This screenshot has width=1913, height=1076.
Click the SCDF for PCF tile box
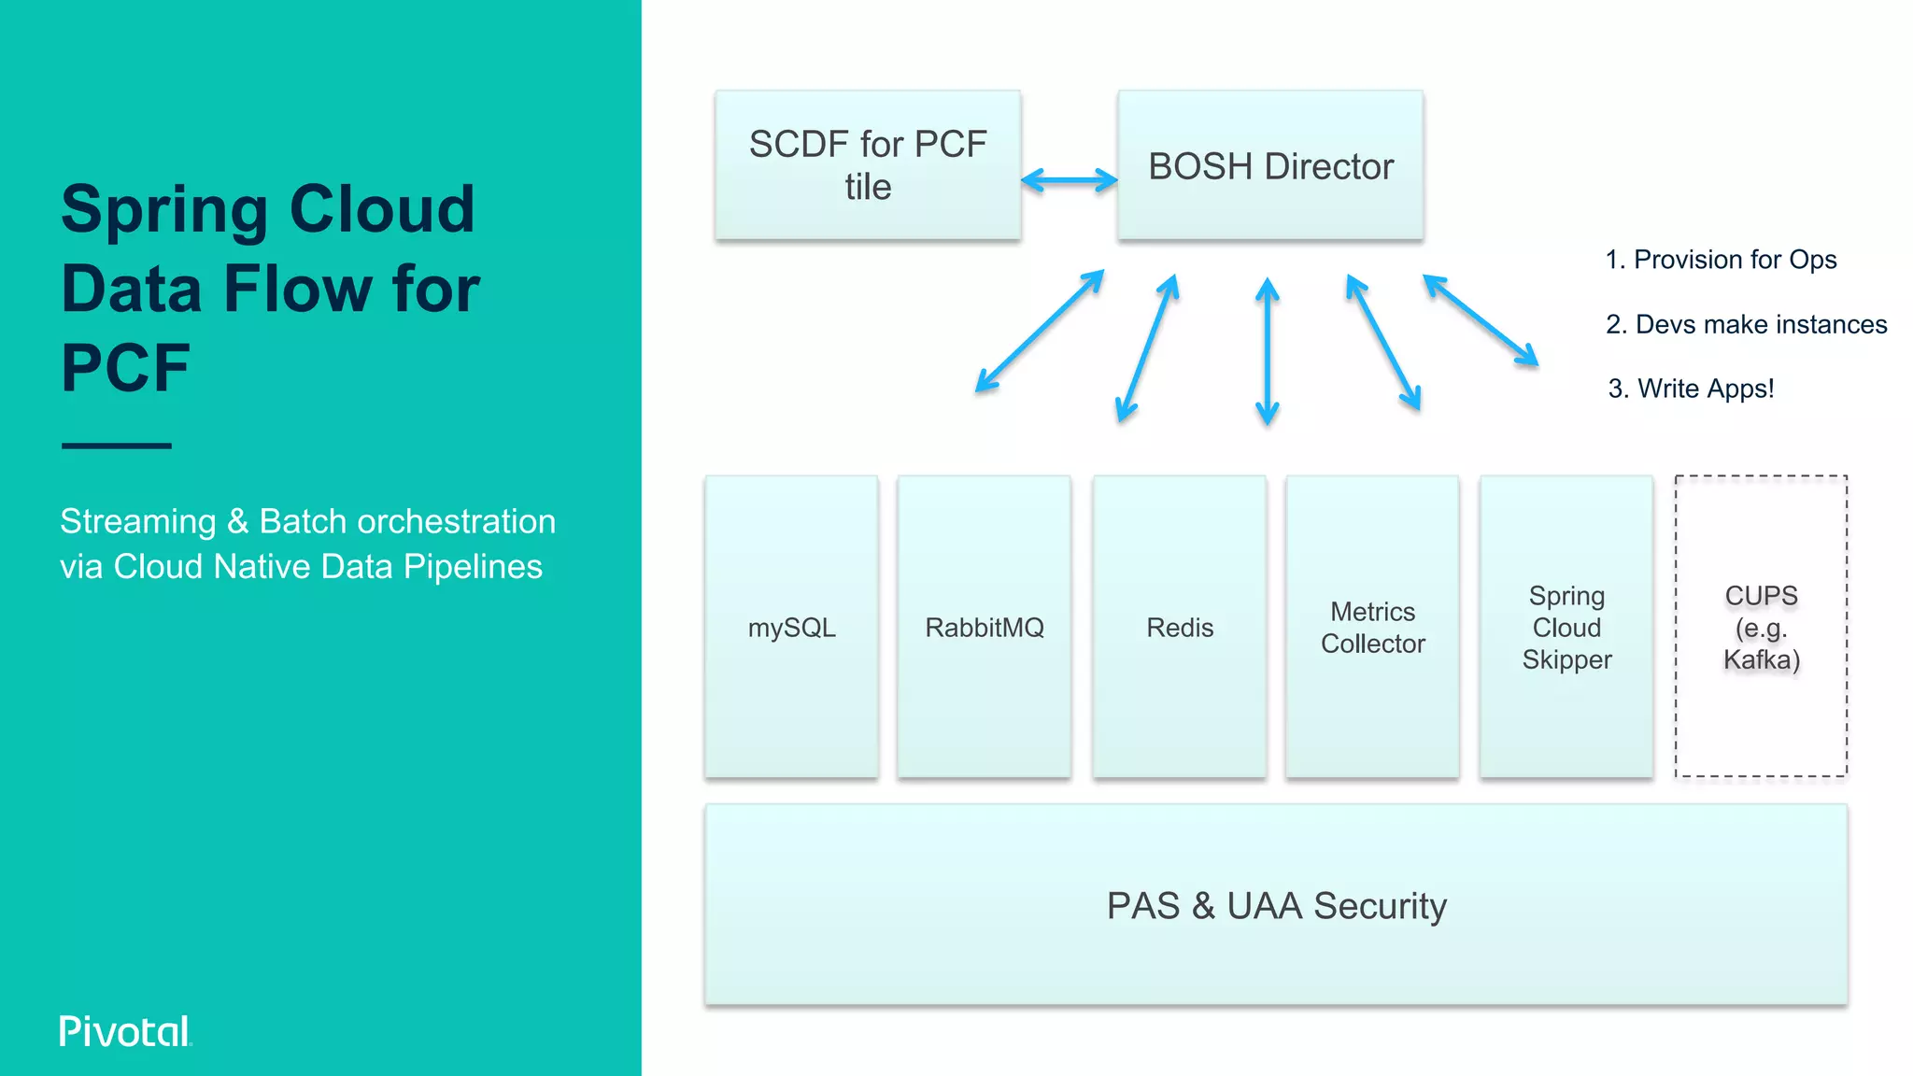(867, 165)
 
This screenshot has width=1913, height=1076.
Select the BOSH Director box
(1270, 165)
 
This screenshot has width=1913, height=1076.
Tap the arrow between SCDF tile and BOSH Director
(1069, 179)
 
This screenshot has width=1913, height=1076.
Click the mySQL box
(791, 627)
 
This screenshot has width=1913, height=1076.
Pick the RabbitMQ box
(984, 627)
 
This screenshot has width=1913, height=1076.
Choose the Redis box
(1180, 627)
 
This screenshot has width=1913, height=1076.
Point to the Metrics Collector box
(1372, 627)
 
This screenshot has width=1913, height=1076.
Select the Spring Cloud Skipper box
(1566, 627)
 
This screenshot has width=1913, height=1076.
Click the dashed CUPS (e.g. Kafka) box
(1761, 627)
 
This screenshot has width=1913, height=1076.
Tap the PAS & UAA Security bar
(1276, 905)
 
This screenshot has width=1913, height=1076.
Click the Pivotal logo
(125, 1031)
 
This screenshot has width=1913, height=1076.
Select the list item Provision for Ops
(1721, 260)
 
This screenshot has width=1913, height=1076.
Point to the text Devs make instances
(1746, 324)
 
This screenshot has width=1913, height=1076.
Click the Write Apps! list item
(1691, 389)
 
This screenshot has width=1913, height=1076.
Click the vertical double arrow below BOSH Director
(1267, 351)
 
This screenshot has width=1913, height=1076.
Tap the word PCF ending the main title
(125, 368)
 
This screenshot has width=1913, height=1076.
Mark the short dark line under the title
(117, 446)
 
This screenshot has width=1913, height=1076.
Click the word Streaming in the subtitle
(138, 521)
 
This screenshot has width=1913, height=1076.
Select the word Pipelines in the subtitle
(473, 567)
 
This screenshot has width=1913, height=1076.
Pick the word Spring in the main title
(164, 209)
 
